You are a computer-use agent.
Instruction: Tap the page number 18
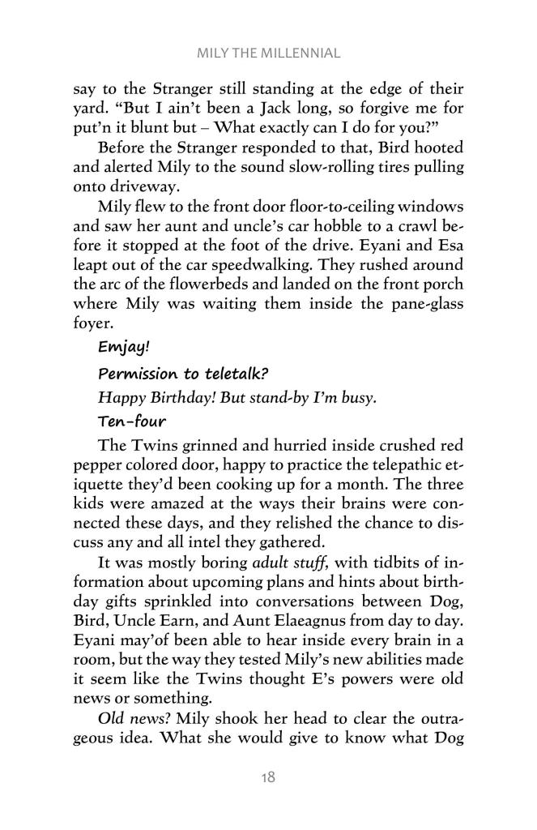pos(268,777)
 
